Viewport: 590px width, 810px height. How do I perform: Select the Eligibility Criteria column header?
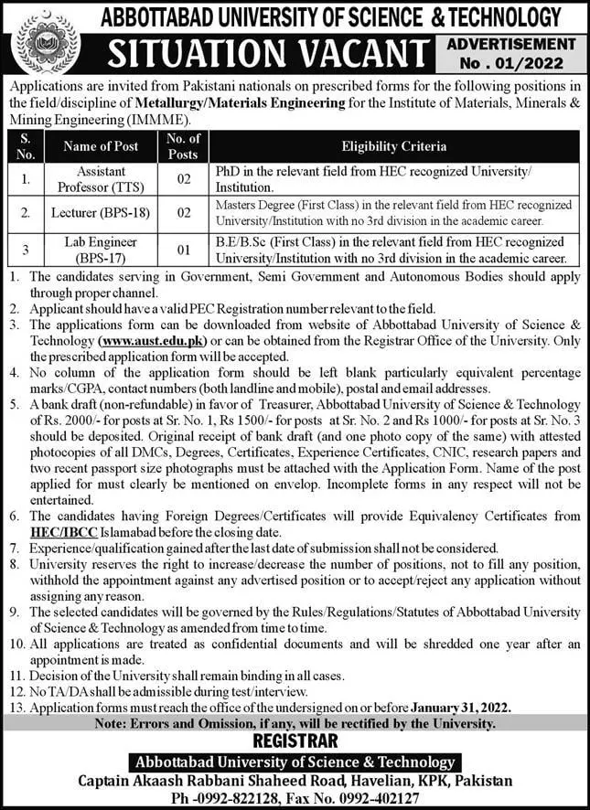pyautogui.click(x=394, y=145)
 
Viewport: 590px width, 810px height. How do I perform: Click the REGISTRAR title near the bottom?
pyautogui.click(x=295, y=740)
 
